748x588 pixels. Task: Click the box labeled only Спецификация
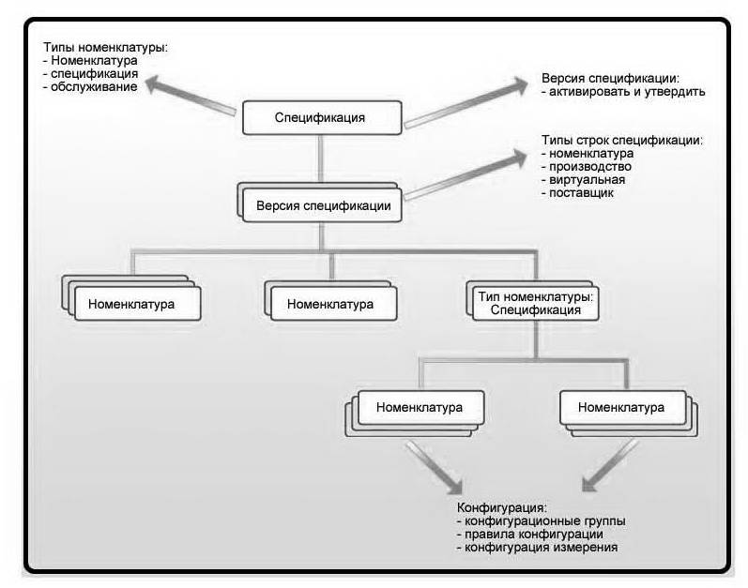[x=322, y=118]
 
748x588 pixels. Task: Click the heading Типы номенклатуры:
[x=105, y=48]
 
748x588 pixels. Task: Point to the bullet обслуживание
[x=94, y=86]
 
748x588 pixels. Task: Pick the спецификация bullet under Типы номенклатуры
[x=95, y=74]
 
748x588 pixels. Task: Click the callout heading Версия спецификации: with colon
[x=611, y=79]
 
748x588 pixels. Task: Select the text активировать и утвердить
[x=627, y=92]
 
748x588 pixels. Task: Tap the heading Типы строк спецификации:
[x=622, y=140]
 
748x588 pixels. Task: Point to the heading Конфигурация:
[x=502, y=507]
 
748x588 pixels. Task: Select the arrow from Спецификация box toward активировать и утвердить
[x=466, y=102]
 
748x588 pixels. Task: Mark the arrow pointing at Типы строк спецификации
[x=466, y=174]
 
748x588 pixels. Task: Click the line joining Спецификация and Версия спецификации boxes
[x=321, y=159]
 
